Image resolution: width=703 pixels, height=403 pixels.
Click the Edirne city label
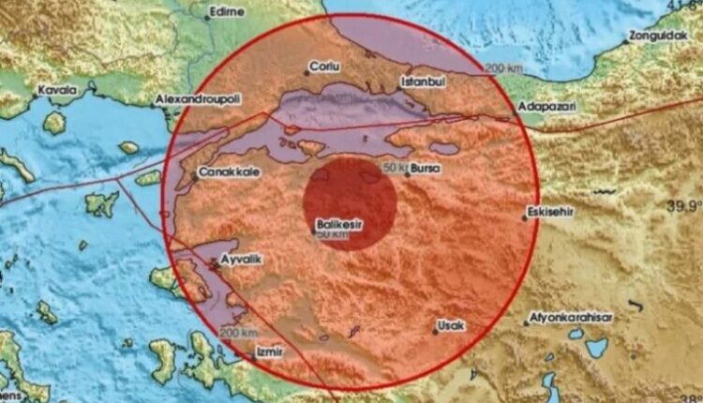pos(229,12)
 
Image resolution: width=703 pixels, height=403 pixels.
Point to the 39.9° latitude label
pos(685,205)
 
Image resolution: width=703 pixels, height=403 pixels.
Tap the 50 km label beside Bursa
pos(396,168)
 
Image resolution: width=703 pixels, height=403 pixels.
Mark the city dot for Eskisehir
pos(526,217)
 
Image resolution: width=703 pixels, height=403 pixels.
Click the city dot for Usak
pos(436,328)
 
